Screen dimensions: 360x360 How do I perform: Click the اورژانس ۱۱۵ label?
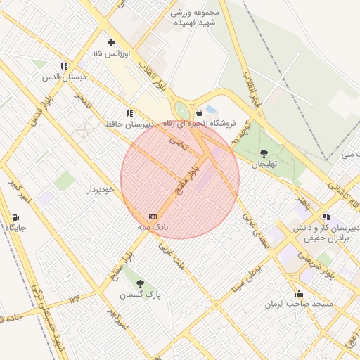(x=107, y=53)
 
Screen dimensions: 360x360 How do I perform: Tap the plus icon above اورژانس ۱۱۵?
(x=111, y=42)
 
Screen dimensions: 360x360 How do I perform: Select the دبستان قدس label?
(x=64, y=77)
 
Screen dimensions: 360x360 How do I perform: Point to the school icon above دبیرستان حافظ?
(x=129, y=112)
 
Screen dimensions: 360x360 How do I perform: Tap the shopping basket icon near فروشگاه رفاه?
(x=200, y=112)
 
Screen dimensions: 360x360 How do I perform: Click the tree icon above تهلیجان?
(x=264, y=153)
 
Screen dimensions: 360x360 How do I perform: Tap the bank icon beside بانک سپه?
(x=153, y=217)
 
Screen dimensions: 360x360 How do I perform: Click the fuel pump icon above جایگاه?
(x=15, y=217)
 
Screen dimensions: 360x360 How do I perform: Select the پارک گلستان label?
(x=144, y=294)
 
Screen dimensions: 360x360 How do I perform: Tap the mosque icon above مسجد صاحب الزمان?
(x=300, y=294)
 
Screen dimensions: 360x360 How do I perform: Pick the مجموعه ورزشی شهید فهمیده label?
(x=195, y=18)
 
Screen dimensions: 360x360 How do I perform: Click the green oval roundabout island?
(x=182, y=110)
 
